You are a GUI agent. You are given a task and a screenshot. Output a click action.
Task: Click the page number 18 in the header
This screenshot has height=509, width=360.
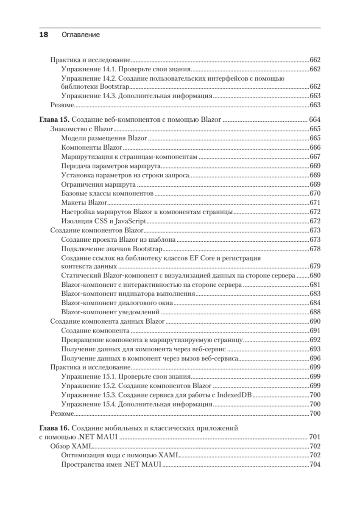tap(44, 35)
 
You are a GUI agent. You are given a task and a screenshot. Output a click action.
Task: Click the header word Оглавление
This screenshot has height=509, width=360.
tap(81, 35)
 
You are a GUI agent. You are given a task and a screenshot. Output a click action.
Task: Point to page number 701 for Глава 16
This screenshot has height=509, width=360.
tap(315, 437)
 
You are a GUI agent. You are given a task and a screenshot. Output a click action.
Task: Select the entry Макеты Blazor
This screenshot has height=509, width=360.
tap(84, 203)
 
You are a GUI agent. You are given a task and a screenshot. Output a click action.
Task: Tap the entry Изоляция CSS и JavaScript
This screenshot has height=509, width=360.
tap(103, 221)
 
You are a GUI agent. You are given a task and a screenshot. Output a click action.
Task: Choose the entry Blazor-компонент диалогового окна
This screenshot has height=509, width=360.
tap(117, 302)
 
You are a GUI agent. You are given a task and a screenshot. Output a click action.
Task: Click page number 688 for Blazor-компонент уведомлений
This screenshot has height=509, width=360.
tap(315, 312)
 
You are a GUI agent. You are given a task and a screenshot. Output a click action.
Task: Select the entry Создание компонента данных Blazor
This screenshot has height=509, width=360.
tap(107, 321)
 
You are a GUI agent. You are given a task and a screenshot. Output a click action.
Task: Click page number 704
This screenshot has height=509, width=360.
tap(315, 464)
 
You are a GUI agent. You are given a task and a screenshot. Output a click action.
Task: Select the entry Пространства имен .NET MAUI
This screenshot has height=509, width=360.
tap(112, 464)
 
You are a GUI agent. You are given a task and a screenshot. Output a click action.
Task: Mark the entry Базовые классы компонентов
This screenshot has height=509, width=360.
tap(107, 193)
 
